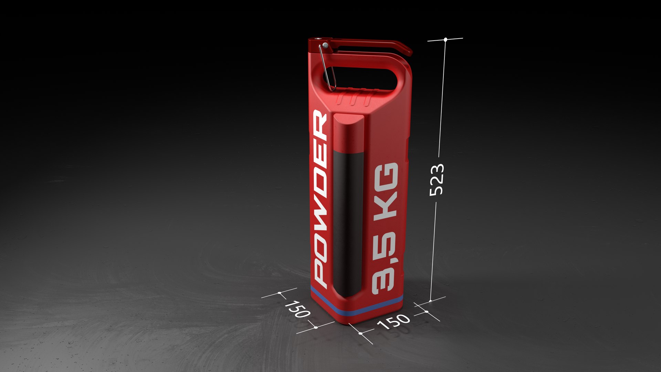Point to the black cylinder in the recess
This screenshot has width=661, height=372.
point(348,220)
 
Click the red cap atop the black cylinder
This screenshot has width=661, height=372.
point(348,134)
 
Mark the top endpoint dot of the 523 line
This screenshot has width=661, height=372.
point(445,40)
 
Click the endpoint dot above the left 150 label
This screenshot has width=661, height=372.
point(279,293)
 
